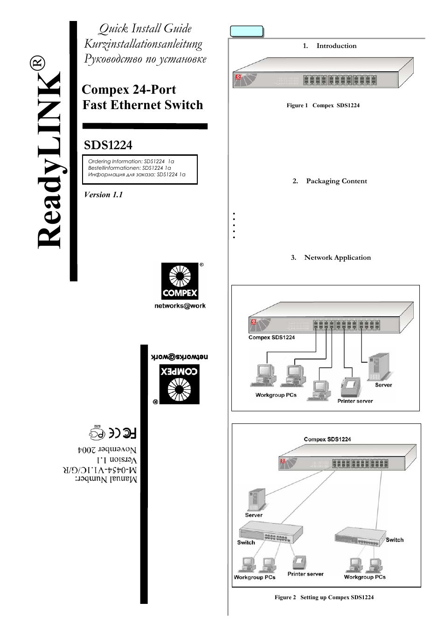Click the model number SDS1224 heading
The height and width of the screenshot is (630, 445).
(108, 145)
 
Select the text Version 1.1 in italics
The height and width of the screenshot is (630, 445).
(103, 195)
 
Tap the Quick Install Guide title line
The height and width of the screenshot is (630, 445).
(145, 29)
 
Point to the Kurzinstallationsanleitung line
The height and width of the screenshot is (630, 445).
(143, 44)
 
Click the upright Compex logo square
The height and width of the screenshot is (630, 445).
(180, 281)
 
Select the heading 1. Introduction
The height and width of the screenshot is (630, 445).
(329, 46)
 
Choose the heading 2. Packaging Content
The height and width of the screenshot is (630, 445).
(330, 181)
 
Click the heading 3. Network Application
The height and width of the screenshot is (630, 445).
(331, 257)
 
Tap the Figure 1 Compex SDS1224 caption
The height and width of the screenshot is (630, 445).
(323, 105)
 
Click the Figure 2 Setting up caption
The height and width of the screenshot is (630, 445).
(324, 597)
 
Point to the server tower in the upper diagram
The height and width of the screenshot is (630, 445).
(379, 367)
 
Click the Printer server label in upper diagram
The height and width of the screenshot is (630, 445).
(355, 401)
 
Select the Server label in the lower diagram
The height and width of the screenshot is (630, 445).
(254, 515)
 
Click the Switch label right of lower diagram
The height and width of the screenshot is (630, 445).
(395, 540)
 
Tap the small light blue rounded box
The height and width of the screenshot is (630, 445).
(247, 31)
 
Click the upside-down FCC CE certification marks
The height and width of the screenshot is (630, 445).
(113, 433)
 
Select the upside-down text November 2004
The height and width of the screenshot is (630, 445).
(107, 450)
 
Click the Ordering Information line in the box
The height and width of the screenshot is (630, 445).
(131, 161)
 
